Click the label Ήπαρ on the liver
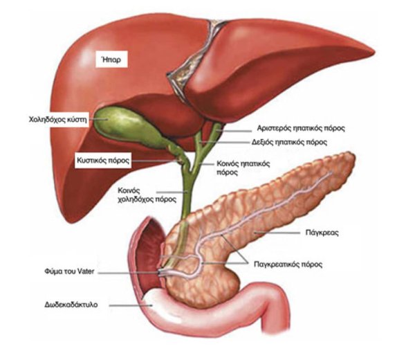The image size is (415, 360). (111, 60)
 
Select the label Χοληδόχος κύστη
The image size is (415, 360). (58, 120)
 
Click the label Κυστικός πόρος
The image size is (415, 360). (103, 160)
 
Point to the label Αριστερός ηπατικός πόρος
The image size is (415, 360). (301, 128)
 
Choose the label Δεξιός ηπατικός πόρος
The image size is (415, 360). (289, 142)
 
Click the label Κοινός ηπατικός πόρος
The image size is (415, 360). (243, 168)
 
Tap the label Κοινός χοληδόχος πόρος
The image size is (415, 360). (147, 195)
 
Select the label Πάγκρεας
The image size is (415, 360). (322, 233)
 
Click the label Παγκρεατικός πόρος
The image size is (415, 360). (288, 264)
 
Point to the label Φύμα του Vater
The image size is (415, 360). (69, 271)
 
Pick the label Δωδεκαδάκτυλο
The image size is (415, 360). (71, 305)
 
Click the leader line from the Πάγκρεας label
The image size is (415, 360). (277, 233)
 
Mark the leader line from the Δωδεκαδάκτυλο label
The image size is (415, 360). (131, 305)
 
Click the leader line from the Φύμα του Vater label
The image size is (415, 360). (129, 272)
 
